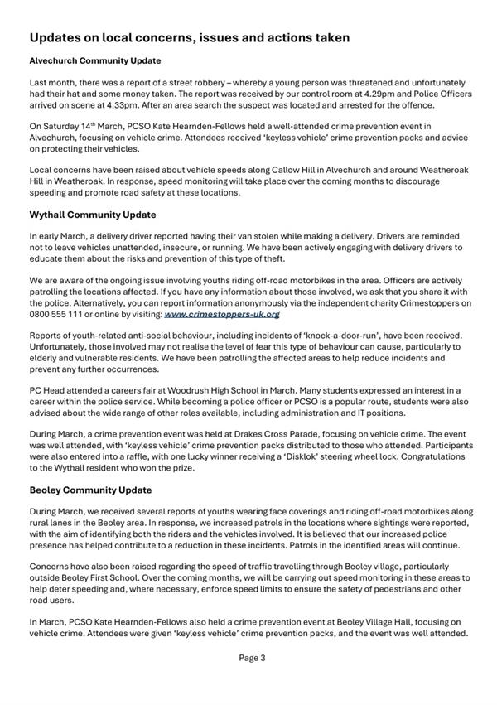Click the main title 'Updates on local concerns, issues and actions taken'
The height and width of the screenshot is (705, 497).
point(189,37)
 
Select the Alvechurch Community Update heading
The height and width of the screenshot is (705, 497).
point(94,60)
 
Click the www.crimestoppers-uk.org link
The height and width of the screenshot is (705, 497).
point(222,314)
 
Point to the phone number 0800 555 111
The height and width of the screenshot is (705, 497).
point(64,314)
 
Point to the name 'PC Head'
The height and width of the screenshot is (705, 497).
point(48,389)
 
